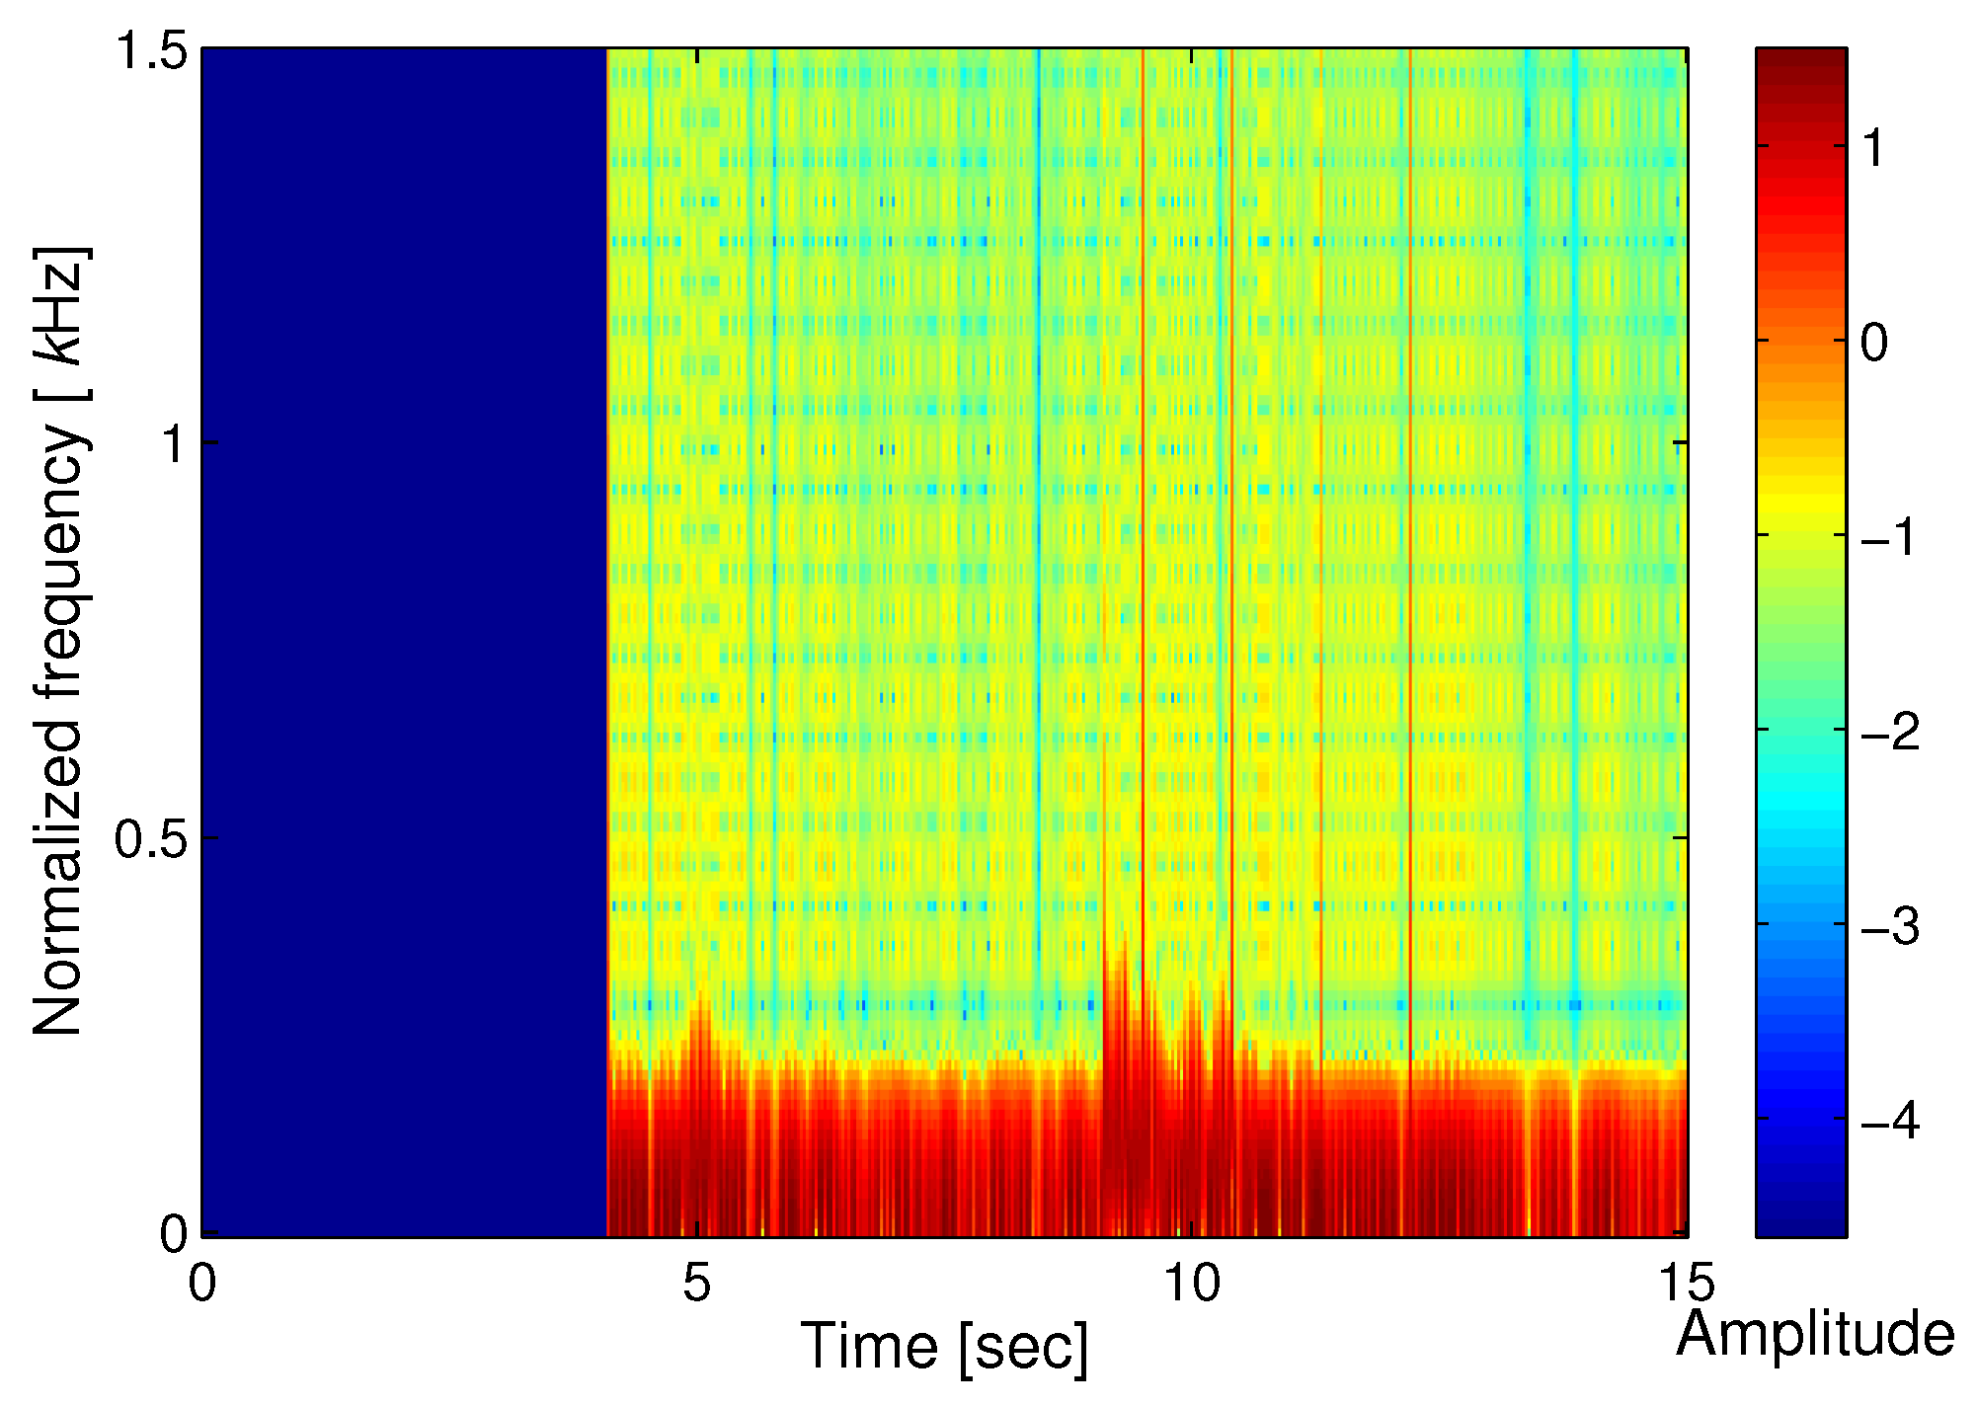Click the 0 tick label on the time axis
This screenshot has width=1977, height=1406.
[202, 1285]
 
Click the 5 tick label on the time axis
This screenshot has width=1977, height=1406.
[697, 1285]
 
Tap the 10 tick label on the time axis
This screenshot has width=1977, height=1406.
[1192, 1285]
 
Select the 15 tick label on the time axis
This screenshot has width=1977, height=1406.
[1686, 1285]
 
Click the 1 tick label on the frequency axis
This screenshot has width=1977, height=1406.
[175, 444]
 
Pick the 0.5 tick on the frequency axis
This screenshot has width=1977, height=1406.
[151, 839]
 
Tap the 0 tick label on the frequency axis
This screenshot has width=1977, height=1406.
[175, 1234]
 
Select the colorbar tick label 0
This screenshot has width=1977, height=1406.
[1873, 343]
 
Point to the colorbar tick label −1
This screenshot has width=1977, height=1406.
[1887, 538]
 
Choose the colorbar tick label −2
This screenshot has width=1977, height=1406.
[1887, 733]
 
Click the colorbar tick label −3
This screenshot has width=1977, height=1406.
[1887, 927]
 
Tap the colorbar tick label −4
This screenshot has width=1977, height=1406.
[1887, 1122]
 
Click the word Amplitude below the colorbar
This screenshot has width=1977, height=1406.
[1815, 1335]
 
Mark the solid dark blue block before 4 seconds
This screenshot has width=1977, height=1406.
[404, 642]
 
